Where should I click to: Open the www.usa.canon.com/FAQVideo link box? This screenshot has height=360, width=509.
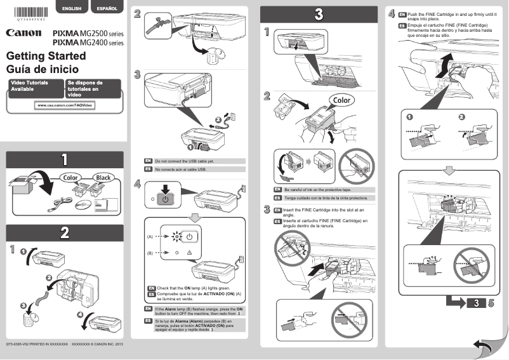click(65, 105)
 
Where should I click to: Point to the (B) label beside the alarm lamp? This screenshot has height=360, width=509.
click(150, 252)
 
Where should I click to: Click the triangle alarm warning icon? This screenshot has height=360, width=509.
click(189, 252)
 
